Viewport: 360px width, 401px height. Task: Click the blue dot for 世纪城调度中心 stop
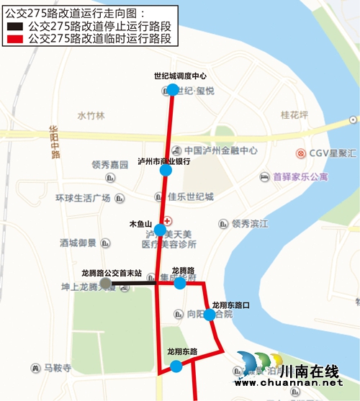172,90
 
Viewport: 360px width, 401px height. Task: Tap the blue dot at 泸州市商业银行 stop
166,171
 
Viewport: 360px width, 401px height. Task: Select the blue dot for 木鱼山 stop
160,230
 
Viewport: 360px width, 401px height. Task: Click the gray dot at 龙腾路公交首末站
106,284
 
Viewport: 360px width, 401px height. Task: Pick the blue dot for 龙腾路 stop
180,283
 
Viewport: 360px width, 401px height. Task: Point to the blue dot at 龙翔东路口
209,315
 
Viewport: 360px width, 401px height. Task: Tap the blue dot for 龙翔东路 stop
176,366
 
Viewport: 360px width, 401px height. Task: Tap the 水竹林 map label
91,115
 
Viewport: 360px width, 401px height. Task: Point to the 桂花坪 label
294,114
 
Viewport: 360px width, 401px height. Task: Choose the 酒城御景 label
78,243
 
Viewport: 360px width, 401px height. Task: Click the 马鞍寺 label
58,368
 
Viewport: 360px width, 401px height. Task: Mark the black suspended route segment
133,284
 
